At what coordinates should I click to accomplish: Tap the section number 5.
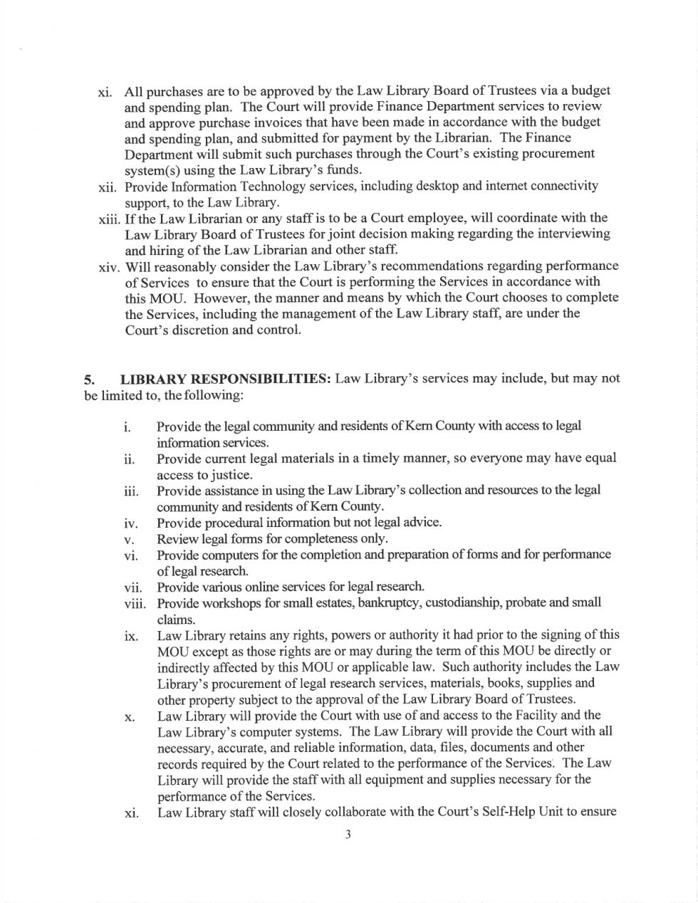tap(89, 380)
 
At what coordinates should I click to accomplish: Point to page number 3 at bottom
tap(348, 836)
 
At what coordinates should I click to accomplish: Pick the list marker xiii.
tap(108, 218)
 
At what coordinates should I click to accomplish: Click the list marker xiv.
tap(108, 267)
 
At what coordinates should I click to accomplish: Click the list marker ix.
tap(131, 635)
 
